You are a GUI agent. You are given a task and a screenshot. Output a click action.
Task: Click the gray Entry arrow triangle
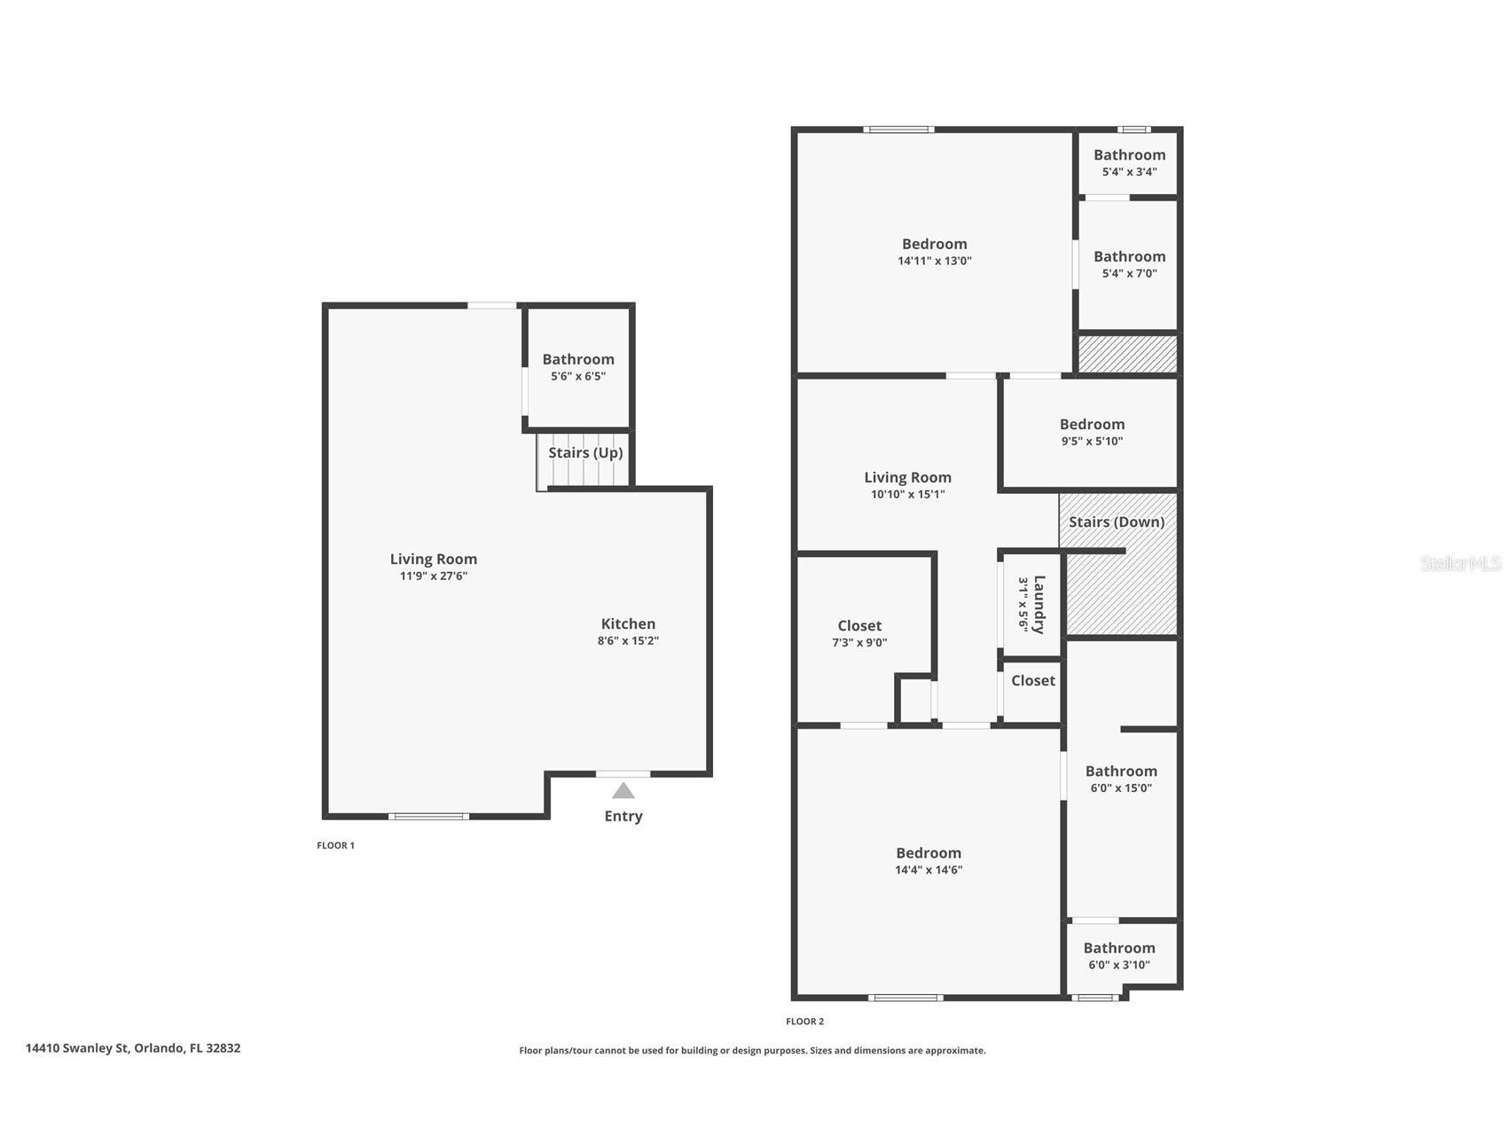[623, 790]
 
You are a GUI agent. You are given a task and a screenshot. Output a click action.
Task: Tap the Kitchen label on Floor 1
[628, 623]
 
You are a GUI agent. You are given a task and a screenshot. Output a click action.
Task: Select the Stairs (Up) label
[585, 452]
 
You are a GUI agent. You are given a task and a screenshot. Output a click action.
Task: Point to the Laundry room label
[1039, 605]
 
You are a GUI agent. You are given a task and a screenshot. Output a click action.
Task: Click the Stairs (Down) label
[1117, 521]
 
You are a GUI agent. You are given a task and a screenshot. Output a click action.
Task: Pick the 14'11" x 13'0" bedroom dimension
[935, 261]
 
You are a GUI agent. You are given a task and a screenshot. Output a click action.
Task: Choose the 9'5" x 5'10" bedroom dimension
[1092, 441]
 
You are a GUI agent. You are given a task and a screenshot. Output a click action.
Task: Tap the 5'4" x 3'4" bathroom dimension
[1129, 172]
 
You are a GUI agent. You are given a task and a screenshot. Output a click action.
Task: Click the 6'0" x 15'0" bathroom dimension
[1121, 787]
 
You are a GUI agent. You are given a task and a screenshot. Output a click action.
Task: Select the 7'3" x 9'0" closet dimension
[859, 642]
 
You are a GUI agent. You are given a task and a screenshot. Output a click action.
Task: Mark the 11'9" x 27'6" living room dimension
[434, 576]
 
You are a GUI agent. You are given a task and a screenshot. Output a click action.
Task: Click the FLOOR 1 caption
[335, 845]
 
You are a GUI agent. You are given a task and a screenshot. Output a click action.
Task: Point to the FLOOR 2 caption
[804, 1022]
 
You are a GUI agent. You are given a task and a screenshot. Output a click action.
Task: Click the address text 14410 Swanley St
[78, 1047]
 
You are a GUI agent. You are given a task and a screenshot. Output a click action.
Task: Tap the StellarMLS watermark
[1461, 563]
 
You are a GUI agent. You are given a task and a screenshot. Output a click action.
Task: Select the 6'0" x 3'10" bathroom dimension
[1119, 965]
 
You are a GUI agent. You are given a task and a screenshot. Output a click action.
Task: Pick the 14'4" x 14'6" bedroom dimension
[929, 870]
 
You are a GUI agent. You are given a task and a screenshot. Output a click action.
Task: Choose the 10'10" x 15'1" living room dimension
[907, 494]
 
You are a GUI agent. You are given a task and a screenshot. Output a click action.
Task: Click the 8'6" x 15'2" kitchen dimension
[628, 640]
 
